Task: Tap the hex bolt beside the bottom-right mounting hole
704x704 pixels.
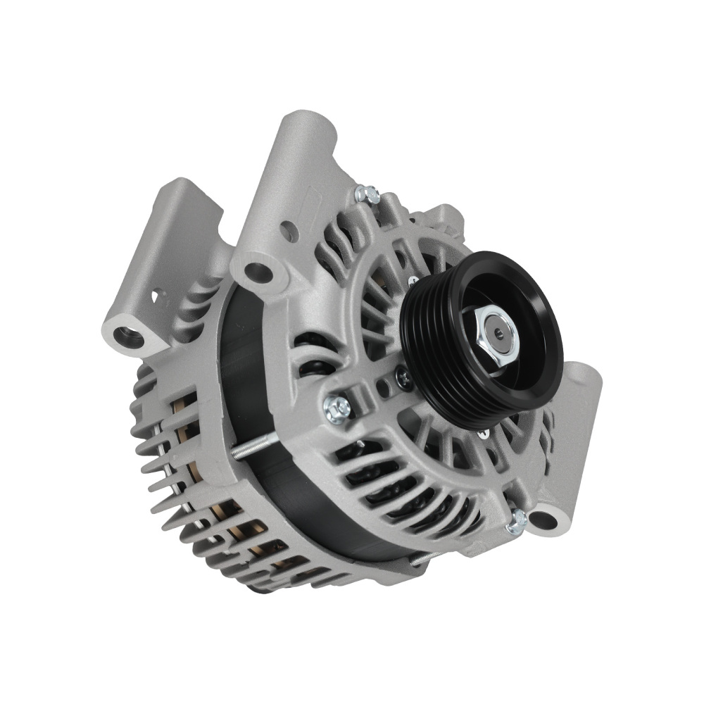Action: (x=517, y=519)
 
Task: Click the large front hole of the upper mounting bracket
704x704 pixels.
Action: (x=258, y=270)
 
